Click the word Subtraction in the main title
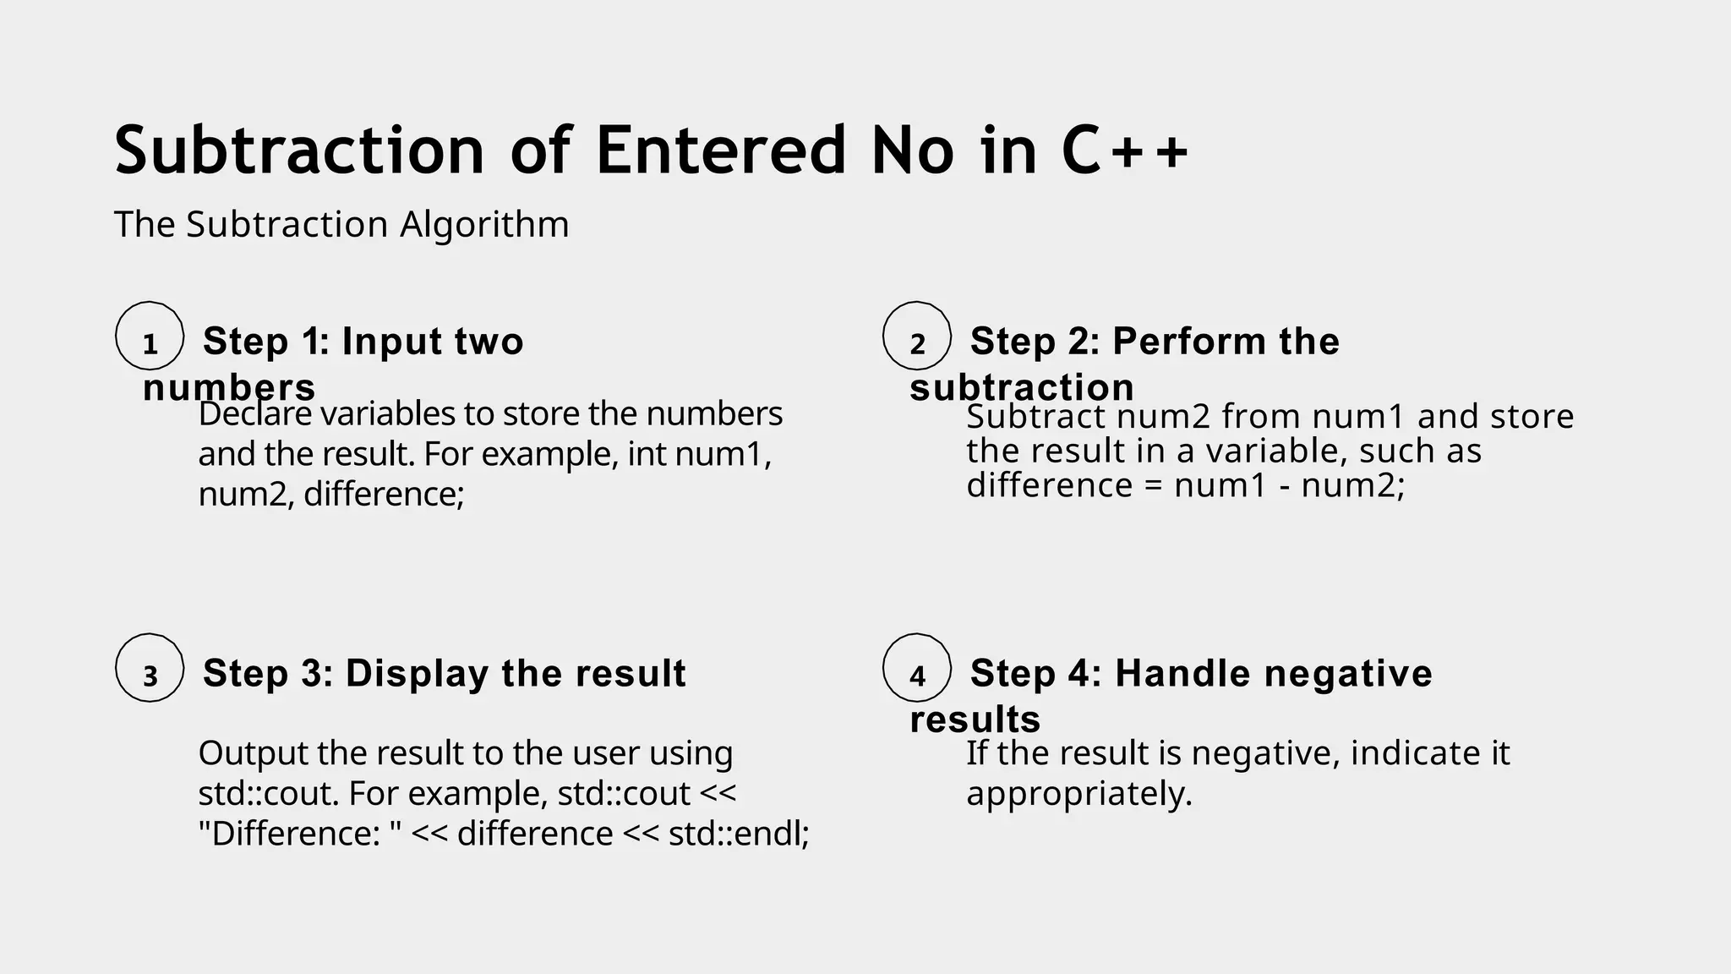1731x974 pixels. tap(299, 150)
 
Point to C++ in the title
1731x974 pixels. tap(1125, 150)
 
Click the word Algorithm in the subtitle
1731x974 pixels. tap(484, 225)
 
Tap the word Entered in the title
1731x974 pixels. tap(720, 150)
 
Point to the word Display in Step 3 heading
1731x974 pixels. tap(417, 674)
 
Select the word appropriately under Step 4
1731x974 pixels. tap(1078, 794)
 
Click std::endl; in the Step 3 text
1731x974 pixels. tap(739, 834)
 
